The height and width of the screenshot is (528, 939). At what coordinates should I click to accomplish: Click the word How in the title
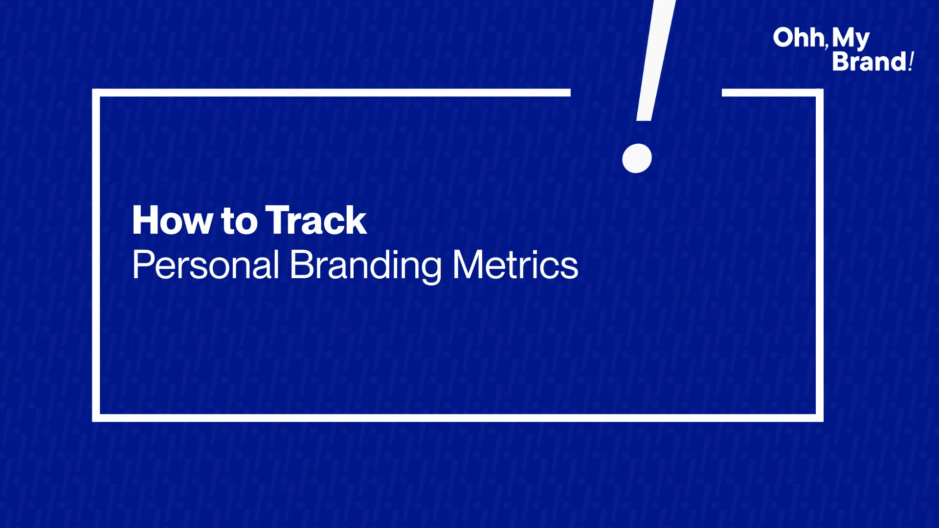click(x=172, y=220)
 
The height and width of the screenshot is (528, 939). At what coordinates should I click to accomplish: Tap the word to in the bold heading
click(x=239, y=221)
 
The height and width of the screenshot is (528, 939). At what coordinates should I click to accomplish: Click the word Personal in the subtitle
click(x=205, y=265)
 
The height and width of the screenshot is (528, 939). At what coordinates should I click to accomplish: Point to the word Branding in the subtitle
click(x=365, y=265)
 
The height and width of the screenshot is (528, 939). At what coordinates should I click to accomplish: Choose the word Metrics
click(x=515, y=265)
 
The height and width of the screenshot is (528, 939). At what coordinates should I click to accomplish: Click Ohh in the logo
click(x=799, y=38)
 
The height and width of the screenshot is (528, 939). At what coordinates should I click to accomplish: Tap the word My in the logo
click(x=851, y=39)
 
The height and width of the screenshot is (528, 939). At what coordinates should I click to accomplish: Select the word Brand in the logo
click(x=870, y=62)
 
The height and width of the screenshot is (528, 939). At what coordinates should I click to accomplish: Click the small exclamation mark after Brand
click(x=911, y=62)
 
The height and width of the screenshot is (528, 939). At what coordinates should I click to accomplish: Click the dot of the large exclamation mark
click(x=637, y=158)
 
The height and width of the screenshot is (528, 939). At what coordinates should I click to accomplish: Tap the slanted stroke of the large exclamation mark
click(x=656, y=60)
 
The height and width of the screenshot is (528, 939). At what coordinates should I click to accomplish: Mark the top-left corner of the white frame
click(x=96, y=92)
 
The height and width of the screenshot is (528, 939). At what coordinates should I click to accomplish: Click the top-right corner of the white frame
click(x=820, y=92)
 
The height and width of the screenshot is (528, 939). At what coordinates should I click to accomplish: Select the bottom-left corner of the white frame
click(x=96, y=418)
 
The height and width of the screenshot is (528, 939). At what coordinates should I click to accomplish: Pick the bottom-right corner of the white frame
click(x=820, y=418)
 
